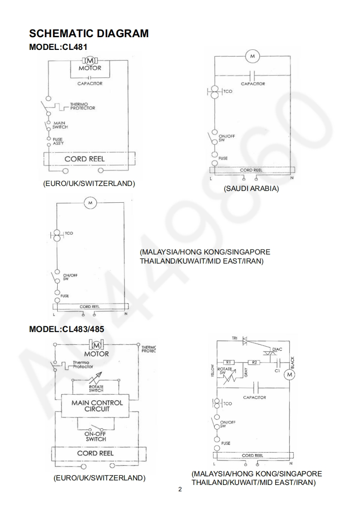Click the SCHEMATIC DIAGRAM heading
click(x=89, y=33)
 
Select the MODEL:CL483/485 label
click(x=66, y=329)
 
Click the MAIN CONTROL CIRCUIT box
click(x=97, y=406)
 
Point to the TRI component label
click(x=235, y=339)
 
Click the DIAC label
click(x=277, y=349)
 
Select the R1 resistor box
click(x=229, y=362)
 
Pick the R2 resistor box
click(x=254, y=362)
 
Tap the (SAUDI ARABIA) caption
click(x=251, y=189)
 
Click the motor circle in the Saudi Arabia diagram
click(x=252, y=56)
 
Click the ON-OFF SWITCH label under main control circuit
click(x=96, y=436)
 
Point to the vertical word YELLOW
click(x=212, y=371)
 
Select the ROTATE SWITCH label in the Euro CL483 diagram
click(x=96, y=388)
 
